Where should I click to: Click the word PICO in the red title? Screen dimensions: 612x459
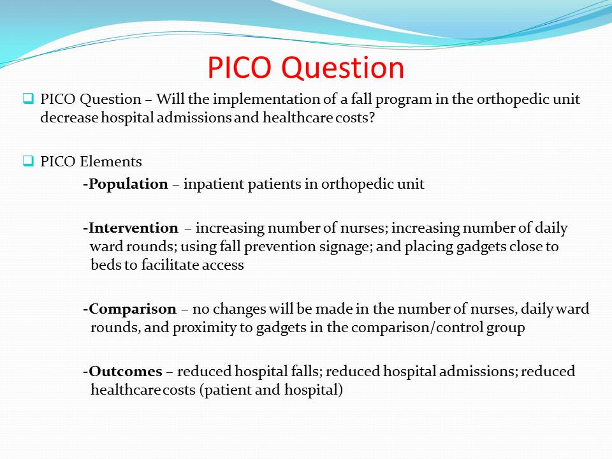pos(239,68)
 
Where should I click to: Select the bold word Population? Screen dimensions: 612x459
pos(128,184)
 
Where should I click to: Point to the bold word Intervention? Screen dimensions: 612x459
pos(133,228)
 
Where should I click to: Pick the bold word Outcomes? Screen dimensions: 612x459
pos(126,371)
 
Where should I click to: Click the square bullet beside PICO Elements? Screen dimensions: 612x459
pos(28,161)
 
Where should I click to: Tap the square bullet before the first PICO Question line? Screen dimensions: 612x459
pos(28,98)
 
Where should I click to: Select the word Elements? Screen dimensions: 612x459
pos(110,161)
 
